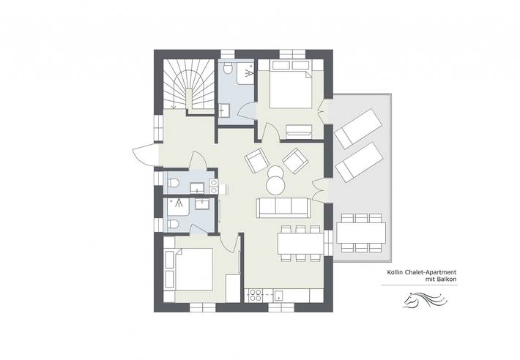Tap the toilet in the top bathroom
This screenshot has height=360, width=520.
pos(229,69)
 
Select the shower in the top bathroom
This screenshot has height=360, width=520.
pos(248,74)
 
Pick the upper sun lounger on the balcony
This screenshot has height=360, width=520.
pos(358,128)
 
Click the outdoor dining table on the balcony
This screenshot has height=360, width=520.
pos(361,233)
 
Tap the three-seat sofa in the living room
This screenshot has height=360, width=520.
pos(281,207)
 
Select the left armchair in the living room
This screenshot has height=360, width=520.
pos(256,160)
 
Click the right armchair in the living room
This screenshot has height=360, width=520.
pos(295,160)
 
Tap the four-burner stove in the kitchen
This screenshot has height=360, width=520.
pos(256,295)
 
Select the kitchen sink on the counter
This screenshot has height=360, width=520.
pos(280,296)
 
